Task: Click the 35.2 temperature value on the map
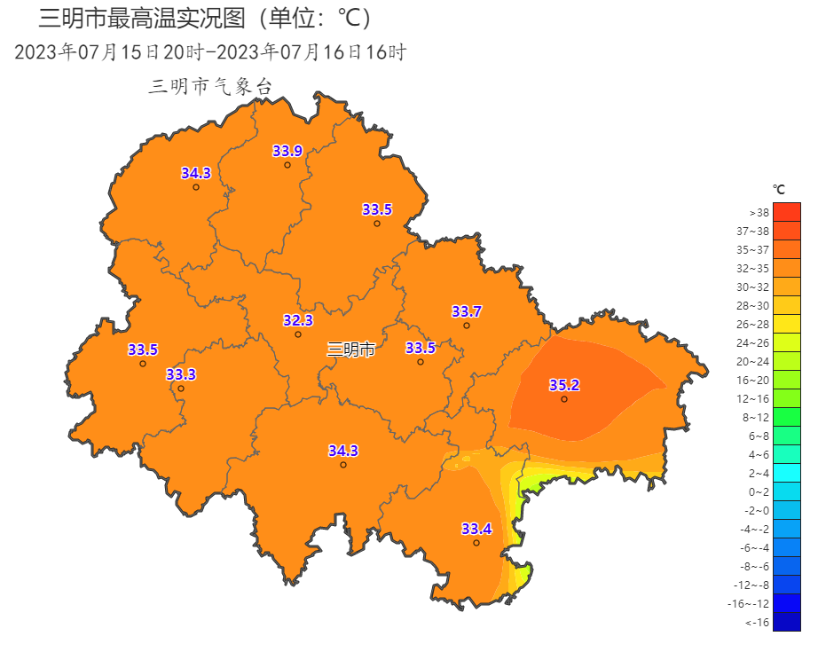[564, 385]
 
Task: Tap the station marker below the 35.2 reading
[564, 399]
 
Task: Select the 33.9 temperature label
[287, 151]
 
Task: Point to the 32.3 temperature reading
[298, 320]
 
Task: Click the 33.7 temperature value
[467, 311]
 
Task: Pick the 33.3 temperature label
[181, 374]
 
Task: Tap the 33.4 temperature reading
[476, 530]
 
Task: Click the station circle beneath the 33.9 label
[287, 165]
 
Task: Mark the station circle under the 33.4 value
[476, 543]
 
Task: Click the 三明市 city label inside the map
[351, 350]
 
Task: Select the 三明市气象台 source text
[210, 86]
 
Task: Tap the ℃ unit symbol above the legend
[779, 189]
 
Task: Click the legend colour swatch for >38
[786, 212]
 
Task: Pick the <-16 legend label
[757, 623]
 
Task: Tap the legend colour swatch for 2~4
[786, 473]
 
